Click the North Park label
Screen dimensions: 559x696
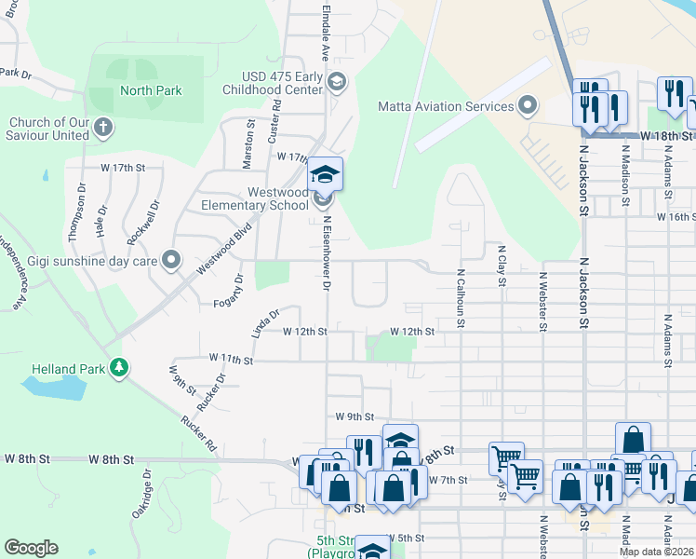151,90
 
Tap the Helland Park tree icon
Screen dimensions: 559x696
118,369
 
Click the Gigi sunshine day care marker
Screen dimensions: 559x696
170,261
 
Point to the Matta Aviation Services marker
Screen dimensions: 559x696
529,105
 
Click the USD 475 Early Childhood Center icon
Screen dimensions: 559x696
337,83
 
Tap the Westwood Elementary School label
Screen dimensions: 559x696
256,198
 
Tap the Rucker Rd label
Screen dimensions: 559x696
199,432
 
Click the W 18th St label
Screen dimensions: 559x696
668,136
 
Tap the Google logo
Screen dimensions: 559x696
31,548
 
